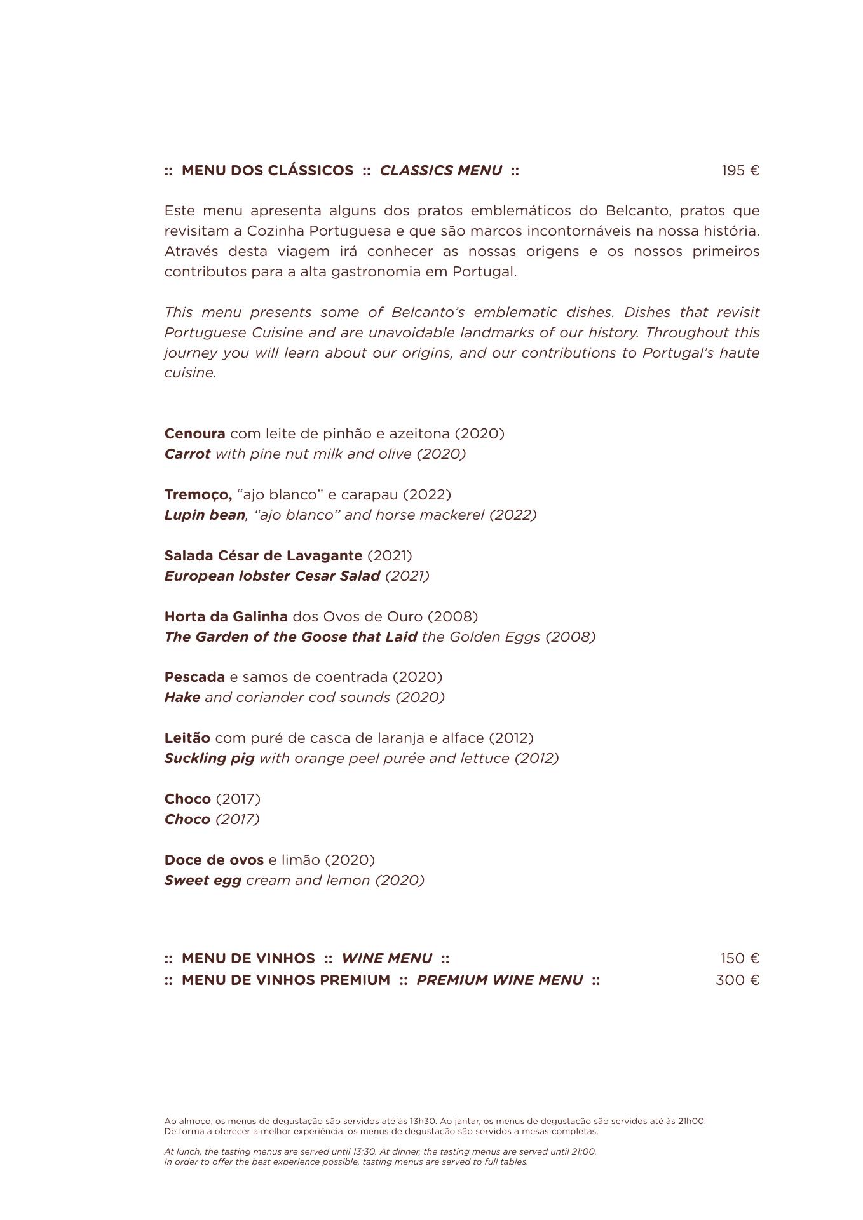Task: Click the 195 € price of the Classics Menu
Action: point(740,171)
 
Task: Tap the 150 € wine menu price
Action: point(740,959)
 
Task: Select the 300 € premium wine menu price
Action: point(737,980)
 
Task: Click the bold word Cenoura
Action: point(194,434)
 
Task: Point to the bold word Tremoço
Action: point(198,495)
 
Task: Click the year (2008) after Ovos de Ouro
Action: point(452,617)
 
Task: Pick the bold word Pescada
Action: point(194,677)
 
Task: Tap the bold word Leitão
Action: point(187,738)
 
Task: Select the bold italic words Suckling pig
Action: point(209,759)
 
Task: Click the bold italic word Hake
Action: point(182,698)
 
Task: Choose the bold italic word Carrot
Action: point(187,454)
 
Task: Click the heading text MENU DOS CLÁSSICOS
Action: point(268,171)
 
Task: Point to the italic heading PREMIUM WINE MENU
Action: point(499,980)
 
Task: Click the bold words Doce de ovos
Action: point(214,860)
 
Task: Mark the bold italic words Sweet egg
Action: point(203,881)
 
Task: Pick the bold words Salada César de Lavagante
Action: point(263,556)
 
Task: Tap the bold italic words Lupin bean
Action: point(205,515)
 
